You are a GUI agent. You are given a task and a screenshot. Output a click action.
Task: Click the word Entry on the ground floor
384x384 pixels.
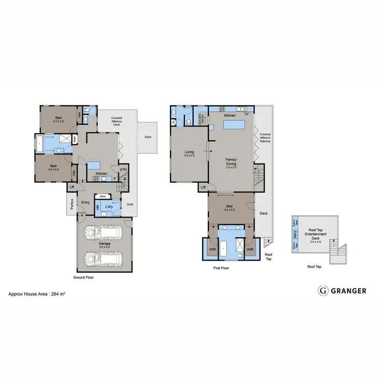coord(85,202)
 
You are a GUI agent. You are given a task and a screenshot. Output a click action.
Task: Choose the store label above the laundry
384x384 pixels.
coord(102,196)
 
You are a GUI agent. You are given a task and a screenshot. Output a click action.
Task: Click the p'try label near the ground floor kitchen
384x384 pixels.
coord(123,169)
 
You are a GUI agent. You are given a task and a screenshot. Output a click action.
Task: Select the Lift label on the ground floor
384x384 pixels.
coord(71,187)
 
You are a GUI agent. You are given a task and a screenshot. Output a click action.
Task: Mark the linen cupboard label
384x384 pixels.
coord(75,138)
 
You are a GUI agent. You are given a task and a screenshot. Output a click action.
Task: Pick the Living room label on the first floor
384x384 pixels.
coord(189,152)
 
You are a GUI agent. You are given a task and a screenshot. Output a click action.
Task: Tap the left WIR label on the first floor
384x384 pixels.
coord(212,249)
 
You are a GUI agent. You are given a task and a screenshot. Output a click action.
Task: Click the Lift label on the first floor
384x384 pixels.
coord(203,187)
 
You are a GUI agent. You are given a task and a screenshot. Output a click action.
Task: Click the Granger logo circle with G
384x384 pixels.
coord(323,290)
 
